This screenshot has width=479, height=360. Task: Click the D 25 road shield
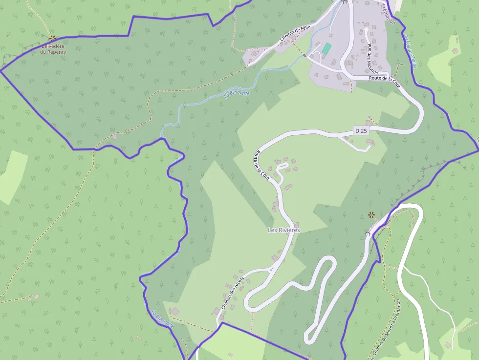tap(361, 130)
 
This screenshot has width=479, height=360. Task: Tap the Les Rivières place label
tap(283, 230)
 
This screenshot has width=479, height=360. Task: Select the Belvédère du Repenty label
tap(53, 49)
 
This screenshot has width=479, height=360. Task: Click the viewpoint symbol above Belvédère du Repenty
tap(52, 38)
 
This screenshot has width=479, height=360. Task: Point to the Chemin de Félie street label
tap(295, 33)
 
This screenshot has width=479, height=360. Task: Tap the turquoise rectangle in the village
tap(326, 48)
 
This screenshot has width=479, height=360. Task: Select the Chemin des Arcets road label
tap(232, 293)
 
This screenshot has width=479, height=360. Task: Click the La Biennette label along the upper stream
tap(237, 93)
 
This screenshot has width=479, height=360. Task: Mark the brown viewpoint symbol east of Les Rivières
tap(371, 214)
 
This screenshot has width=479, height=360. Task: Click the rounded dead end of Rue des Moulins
tap(366, 30)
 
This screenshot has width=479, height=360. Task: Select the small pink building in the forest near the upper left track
tap(114, 137)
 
